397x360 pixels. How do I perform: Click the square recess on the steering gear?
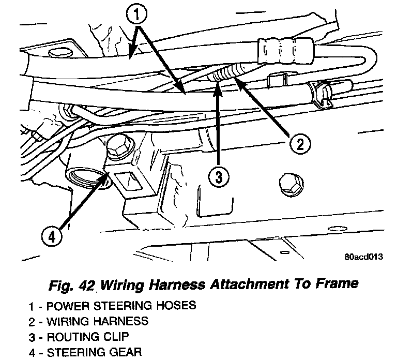[x=127, y=182]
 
